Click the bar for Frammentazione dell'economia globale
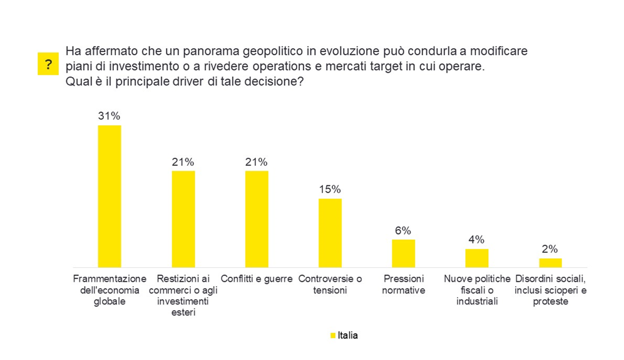110,197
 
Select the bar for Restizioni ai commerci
183,219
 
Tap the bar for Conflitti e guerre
257,219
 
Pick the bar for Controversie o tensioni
330,233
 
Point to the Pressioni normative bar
403,254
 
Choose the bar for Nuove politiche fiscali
477,259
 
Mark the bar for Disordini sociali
550,263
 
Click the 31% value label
109,116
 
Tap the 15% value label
330,189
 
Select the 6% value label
403,230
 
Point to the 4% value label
476,240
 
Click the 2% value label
550,249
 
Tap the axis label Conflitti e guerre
257,279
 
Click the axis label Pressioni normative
403,284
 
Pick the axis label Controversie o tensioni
330,284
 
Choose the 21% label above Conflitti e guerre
257,162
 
